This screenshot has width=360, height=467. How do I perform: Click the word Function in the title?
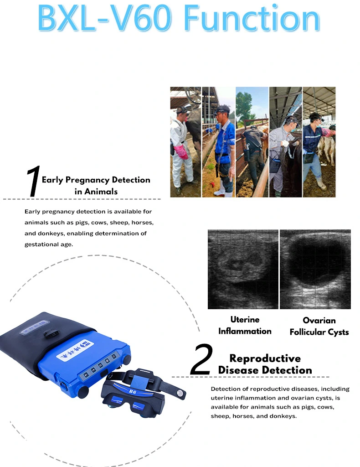coord(252,18)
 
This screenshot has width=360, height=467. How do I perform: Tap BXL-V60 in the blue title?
coord(105,18)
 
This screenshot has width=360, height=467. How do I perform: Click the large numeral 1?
coord(33,181)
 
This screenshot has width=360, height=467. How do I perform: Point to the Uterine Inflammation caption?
coord(245,325)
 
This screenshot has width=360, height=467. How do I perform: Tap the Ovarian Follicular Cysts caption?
coord(319,326)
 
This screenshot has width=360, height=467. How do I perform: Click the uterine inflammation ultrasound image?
coord(243,269)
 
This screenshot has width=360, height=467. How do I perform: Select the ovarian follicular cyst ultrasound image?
coord(315,269)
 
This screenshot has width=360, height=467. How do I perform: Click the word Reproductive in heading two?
coord(265,358)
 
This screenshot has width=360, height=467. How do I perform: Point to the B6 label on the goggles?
coord(133,392)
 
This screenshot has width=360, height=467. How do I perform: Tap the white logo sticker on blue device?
coord(75,351)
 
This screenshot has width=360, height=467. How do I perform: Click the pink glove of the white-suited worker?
coord(181,151)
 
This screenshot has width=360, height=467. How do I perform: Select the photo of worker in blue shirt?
coord(219,142)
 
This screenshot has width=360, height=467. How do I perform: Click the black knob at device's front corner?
coord(83,391)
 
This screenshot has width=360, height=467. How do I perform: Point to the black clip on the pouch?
coord(51,333)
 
